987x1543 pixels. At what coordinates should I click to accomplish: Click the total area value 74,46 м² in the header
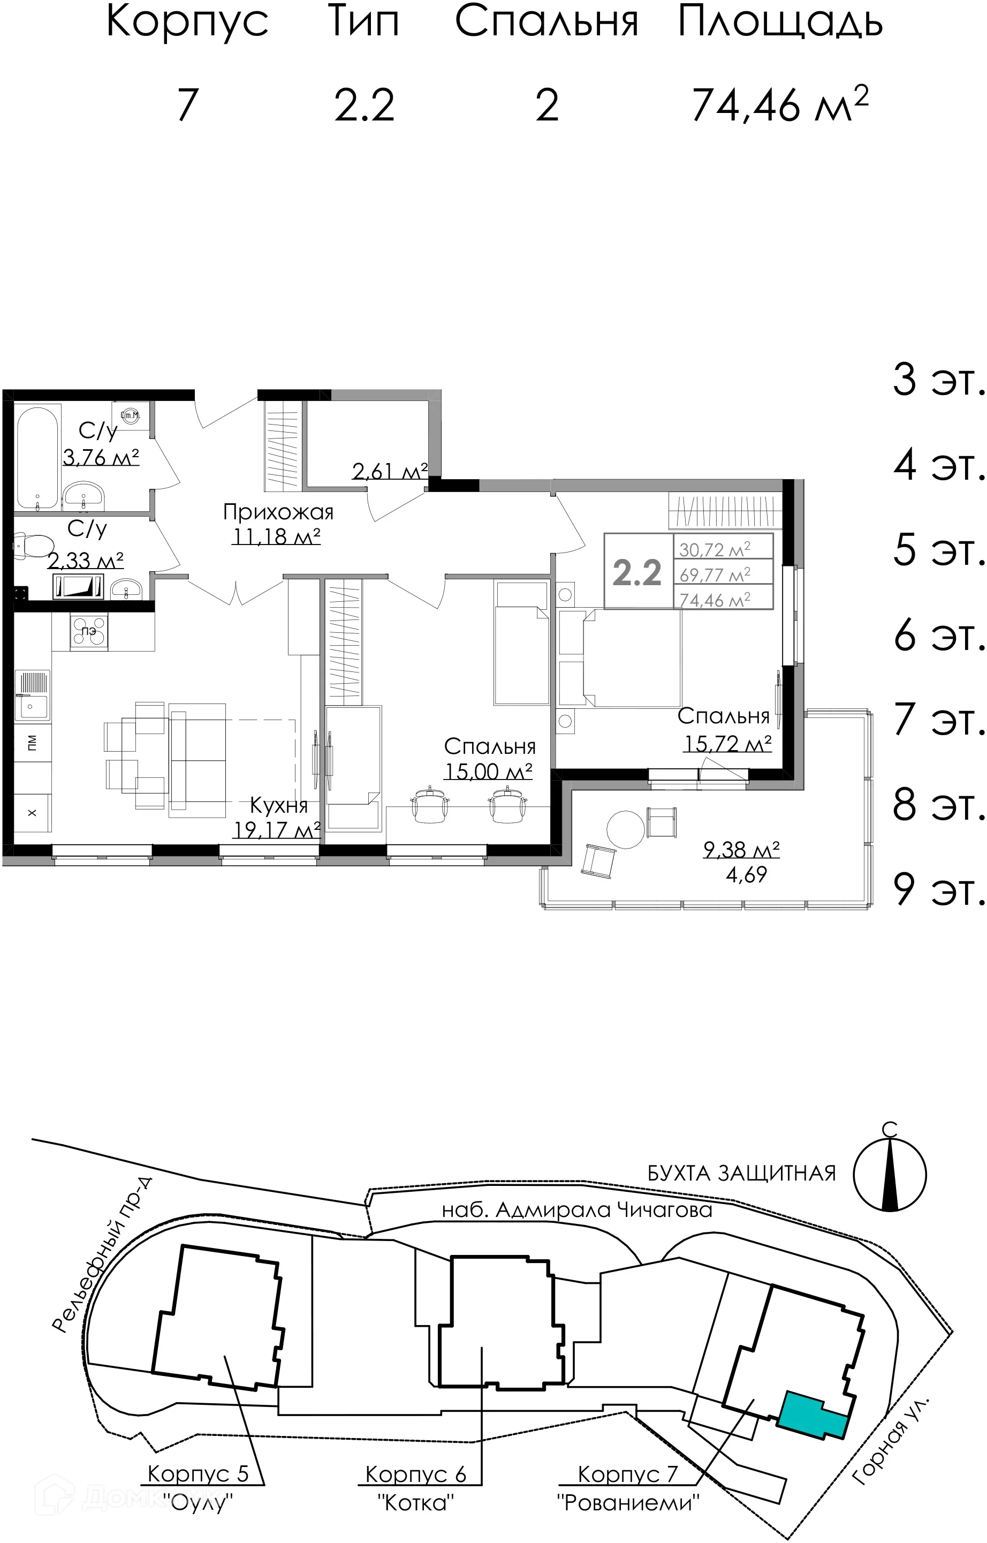click(780, 105)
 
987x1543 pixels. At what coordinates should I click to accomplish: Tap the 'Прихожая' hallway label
click(278, 512)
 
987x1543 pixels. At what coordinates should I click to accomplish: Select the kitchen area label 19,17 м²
click(276, 830)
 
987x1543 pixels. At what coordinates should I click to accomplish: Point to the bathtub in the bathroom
click(38, 457)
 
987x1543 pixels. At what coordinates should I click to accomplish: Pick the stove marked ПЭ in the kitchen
click(89, 631)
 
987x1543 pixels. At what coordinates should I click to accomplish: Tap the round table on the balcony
click(626, 829)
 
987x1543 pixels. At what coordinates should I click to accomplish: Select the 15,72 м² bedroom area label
click(727, 744)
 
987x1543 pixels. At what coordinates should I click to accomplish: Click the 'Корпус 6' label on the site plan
click(415, 1473)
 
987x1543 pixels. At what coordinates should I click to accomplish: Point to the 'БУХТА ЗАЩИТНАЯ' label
click(741, 1173)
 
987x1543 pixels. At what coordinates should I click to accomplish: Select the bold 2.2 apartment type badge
click(636, 572)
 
